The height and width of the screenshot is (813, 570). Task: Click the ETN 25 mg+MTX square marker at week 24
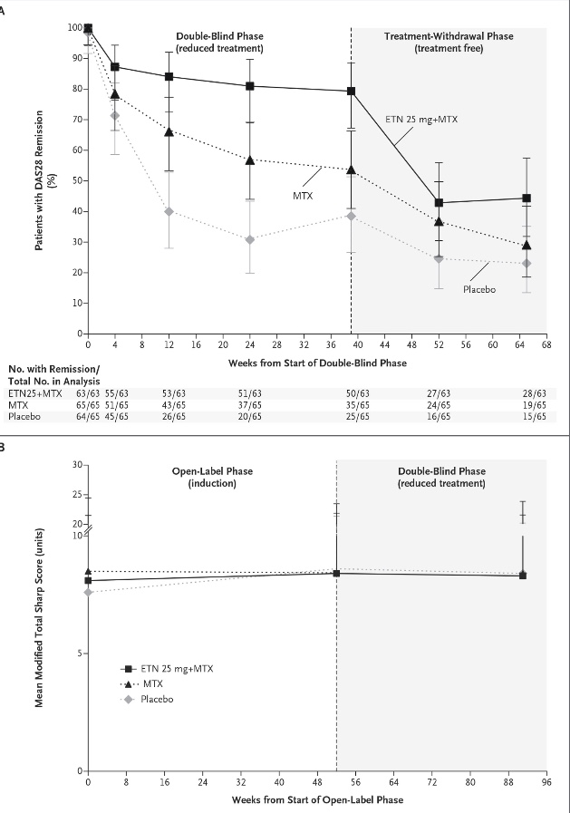point(250,86)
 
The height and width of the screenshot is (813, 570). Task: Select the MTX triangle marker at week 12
point(169,131)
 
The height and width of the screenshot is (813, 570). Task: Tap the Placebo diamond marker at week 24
point(250,239)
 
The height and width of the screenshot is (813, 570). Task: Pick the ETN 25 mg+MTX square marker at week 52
point(439,203)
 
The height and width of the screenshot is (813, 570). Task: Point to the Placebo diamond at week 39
point(352,216)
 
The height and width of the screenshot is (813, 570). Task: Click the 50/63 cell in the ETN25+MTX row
point(358,393)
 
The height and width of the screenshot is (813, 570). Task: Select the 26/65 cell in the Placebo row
point(174,416)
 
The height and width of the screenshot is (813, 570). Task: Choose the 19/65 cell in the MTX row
point(535,405)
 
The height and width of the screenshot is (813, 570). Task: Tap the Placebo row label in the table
point(24,416)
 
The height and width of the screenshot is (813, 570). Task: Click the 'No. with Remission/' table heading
point(53,369)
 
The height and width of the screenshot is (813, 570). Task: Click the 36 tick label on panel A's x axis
point(331,344)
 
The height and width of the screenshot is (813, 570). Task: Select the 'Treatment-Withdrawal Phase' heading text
point(449,36)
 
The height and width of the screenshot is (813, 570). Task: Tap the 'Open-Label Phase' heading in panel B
point(212,471)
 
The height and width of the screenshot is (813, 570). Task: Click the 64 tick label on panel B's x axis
point(394,782)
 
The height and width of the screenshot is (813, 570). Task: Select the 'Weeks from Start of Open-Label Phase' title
point(317,799)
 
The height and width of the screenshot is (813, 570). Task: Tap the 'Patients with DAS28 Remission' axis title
point(39,180)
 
